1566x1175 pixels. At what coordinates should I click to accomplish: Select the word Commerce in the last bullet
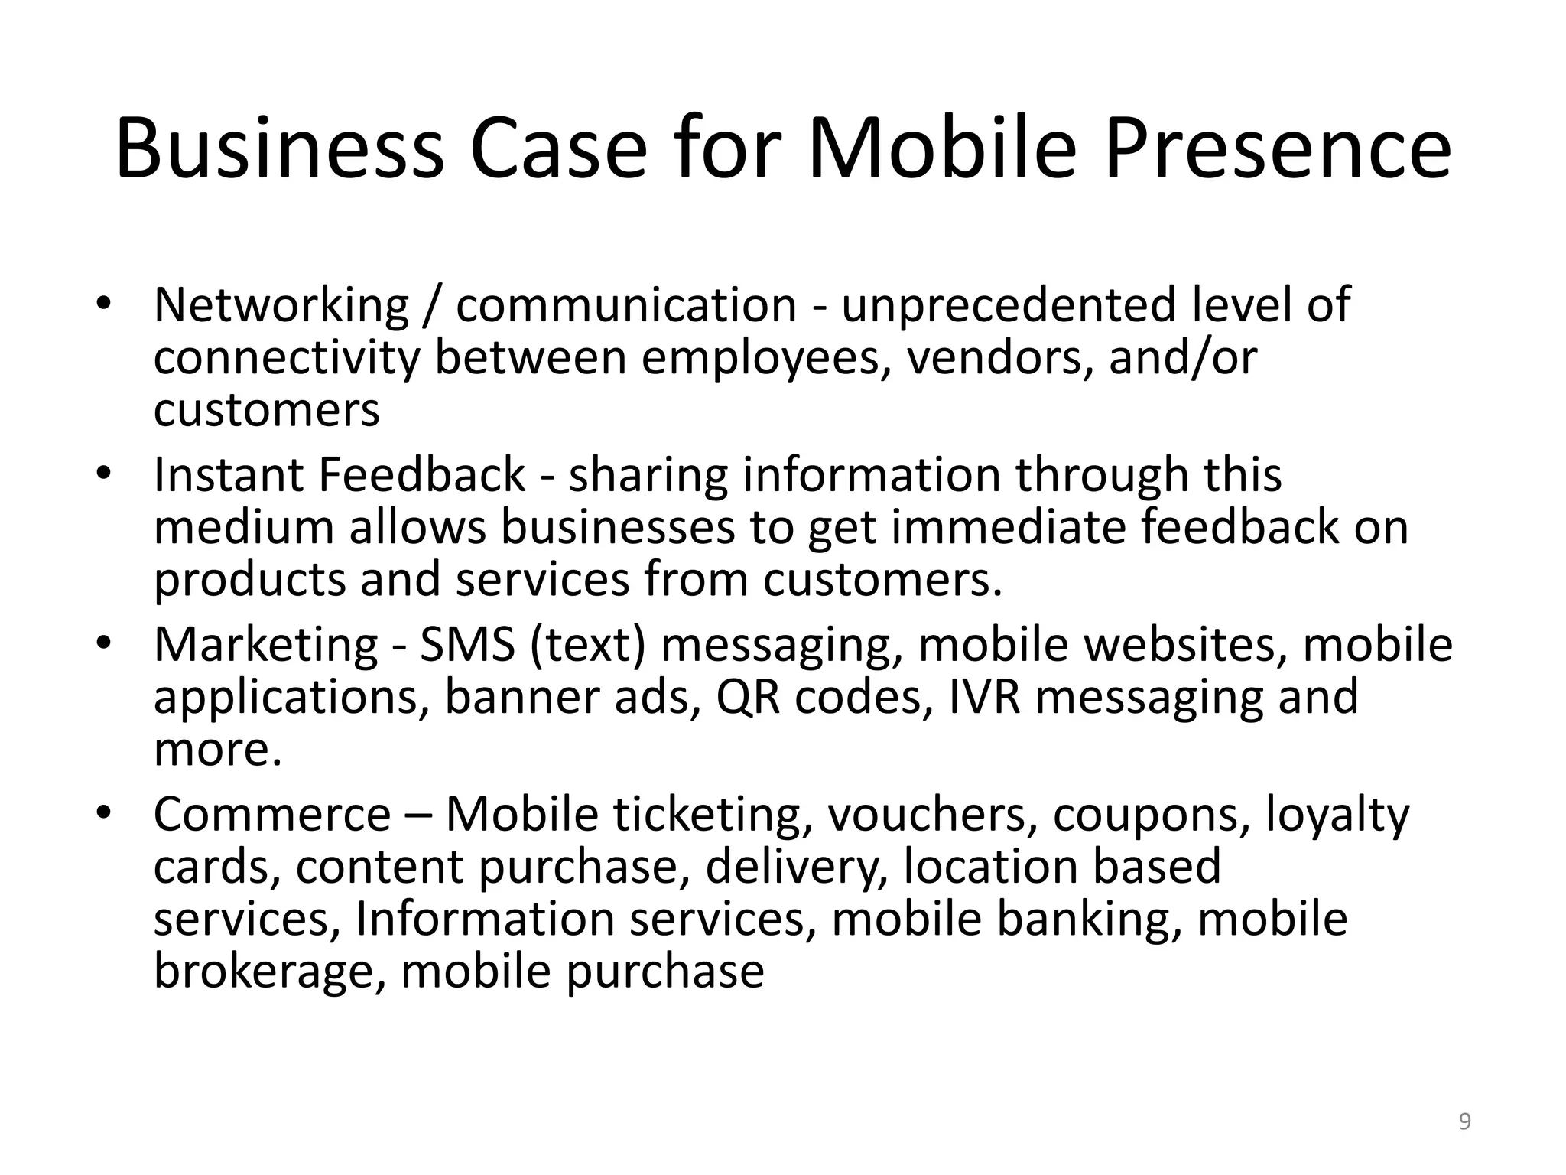pos(272,815)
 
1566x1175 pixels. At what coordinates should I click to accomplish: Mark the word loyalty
pos(1337,816)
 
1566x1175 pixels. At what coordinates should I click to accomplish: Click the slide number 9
pos(1464,1122)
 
